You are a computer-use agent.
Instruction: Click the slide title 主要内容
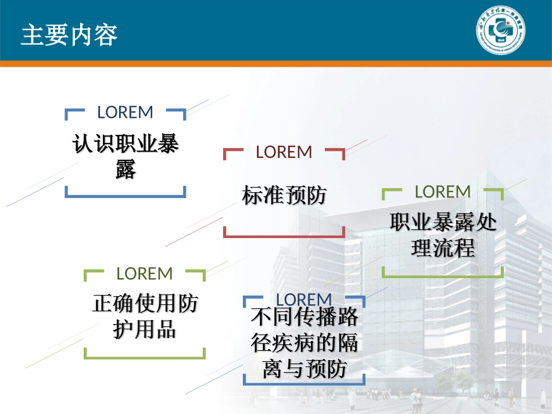click(x=69, y=35)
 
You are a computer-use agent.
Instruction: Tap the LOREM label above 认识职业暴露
click(x=125, y=112)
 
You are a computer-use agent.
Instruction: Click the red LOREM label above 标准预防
click(x=284, y=152)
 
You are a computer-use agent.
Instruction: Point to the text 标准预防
click(x=284, y=196)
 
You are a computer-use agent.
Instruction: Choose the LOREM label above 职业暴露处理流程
click(x=443, y=192)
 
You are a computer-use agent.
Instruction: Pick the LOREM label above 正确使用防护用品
click(x=145, y=273)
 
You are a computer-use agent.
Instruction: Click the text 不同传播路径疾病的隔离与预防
click(x=304, y=343)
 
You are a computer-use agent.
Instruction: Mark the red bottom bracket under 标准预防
click(x=284, y=236)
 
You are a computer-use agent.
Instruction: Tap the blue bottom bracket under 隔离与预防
click(x=304, y=383)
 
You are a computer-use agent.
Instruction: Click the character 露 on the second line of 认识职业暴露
click(x=126, y=170)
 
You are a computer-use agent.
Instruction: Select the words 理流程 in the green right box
click(x=443, y=249)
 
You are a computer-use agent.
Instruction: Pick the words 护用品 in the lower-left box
click(x=145, y=330)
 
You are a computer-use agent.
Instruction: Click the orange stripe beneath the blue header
click(x=276, y=63)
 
